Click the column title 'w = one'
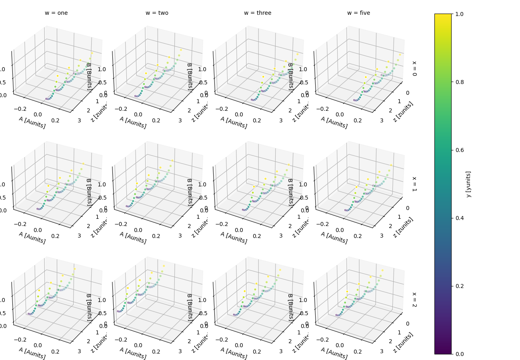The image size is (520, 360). pos(56,13)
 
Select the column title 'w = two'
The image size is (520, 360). pos(157,13)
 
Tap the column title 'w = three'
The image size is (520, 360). pos(258,13)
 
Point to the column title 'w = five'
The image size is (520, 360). pos(358,13)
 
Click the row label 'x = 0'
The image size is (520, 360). pos(414,68)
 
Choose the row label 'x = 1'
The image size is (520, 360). pos(414,184)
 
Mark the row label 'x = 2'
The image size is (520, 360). pos(414,299)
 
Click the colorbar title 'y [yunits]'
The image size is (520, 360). pos(468,184)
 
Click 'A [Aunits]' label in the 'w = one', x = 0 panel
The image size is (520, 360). pos(32,122)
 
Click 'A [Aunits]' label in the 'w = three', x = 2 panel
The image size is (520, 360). pos(234,353)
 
